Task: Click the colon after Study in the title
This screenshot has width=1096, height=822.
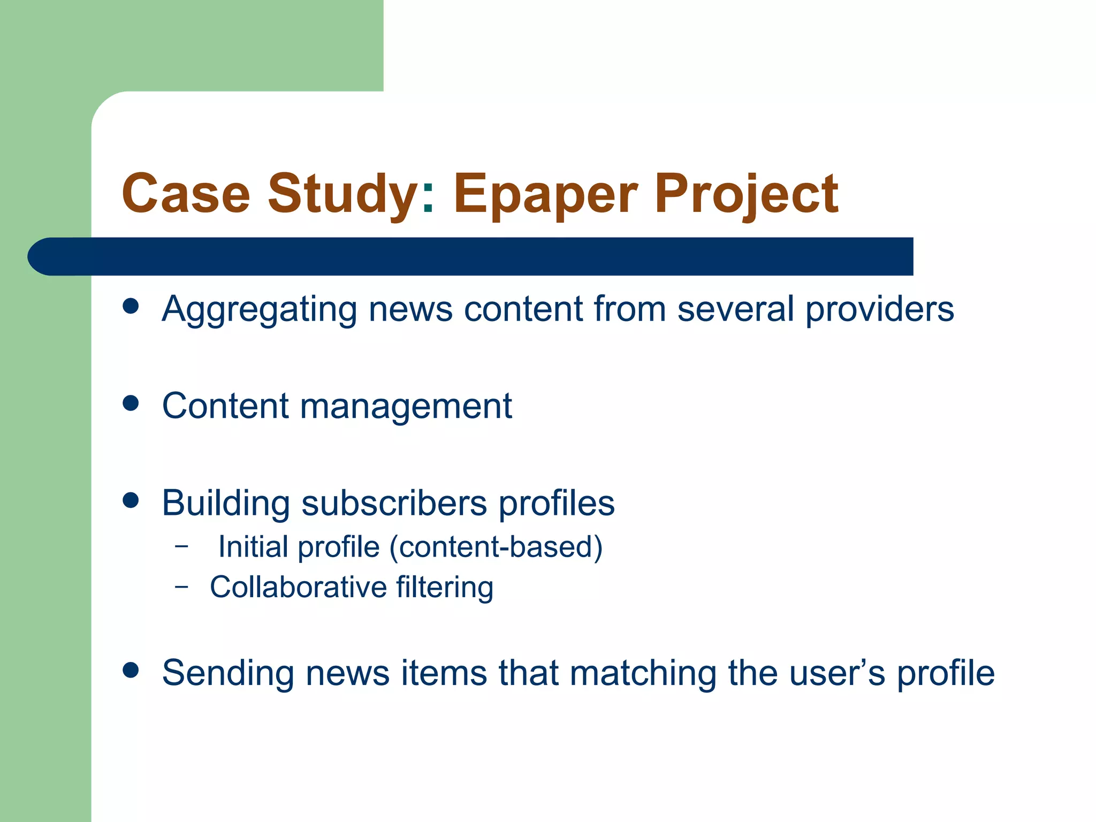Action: [428, 198]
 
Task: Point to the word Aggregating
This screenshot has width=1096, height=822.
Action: [259, 310]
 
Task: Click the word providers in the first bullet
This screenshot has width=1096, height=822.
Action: [879, 310]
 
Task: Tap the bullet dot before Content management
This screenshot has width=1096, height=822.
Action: [131, 403]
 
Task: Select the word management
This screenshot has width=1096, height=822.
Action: [406, 407]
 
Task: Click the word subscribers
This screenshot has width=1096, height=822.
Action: [394, 504]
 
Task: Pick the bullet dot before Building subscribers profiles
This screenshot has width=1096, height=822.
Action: [131, 500]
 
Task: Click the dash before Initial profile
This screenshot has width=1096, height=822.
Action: [182, 546]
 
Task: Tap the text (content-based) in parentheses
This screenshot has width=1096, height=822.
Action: [496, 547]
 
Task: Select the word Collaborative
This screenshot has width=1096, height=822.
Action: [298, 587]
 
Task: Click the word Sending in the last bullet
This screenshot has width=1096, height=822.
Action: [228, 673]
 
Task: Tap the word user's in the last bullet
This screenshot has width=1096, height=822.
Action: [837, 673]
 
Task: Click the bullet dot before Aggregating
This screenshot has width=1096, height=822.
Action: [131, 306]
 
